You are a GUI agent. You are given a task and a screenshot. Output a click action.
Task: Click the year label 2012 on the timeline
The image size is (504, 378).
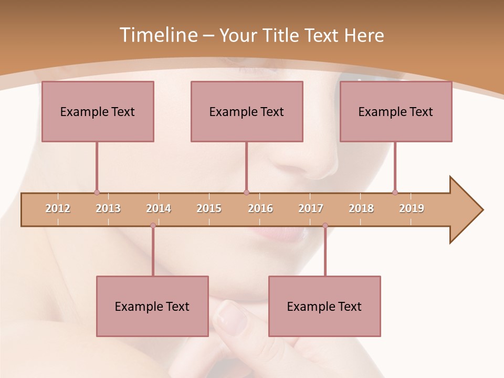(58, 208)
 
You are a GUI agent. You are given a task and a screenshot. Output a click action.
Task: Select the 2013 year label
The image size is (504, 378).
(108, 208)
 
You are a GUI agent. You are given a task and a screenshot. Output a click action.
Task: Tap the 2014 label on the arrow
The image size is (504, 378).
(159, 208)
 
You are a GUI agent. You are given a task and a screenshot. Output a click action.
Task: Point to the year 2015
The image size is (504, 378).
(209, 208)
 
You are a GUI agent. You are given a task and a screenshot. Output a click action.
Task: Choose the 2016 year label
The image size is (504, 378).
(260, 208)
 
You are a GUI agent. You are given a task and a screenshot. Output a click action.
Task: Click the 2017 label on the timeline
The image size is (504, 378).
(311, 208)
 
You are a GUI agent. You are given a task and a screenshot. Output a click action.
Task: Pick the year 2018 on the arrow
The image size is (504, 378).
(361, 208)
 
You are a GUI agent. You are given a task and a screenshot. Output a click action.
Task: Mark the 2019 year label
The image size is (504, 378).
(412, 208)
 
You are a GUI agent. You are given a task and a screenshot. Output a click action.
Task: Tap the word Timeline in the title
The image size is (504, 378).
(157, 35)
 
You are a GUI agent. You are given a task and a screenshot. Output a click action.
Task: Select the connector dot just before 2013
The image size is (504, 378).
(97, 192)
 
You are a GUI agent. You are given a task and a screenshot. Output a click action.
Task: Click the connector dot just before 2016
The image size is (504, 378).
(247, 192)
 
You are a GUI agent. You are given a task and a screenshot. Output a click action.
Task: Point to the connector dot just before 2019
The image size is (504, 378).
(395, 192)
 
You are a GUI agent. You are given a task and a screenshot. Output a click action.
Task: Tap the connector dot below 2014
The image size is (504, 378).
(153, 226)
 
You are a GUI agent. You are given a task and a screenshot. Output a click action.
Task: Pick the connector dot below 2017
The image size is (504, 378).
(325, 226)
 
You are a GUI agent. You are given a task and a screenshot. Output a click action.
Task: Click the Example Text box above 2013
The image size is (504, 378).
(98, 111)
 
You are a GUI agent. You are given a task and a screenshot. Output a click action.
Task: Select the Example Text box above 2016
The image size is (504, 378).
(247, 111)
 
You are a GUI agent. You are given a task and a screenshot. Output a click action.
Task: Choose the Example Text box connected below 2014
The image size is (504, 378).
(152, 306)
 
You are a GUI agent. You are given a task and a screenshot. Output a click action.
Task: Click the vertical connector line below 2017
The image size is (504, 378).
(325, 252)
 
